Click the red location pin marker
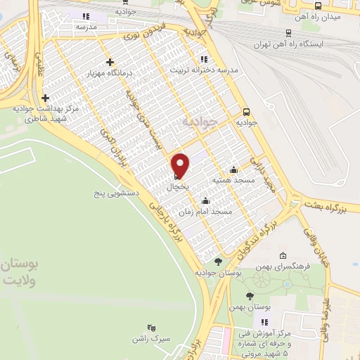coord(181,164)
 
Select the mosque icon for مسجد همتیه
coord(233,169)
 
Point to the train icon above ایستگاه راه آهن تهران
coord(288,32)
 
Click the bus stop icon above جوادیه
coord(246,111)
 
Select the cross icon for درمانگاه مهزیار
coord(109,62)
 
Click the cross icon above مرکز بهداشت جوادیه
coord(46,98)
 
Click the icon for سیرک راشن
coord(150,328)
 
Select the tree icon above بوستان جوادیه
coord(217,261)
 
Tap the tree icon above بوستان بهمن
coord(251,296)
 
